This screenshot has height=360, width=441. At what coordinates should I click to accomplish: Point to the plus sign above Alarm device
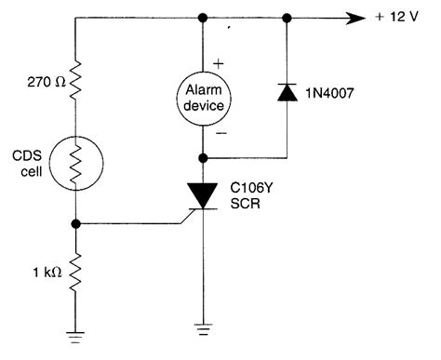point(220,62)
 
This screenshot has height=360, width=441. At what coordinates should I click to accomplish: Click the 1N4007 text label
point(333,91)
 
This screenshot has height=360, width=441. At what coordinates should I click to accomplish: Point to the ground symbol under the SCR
point(203,327)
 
